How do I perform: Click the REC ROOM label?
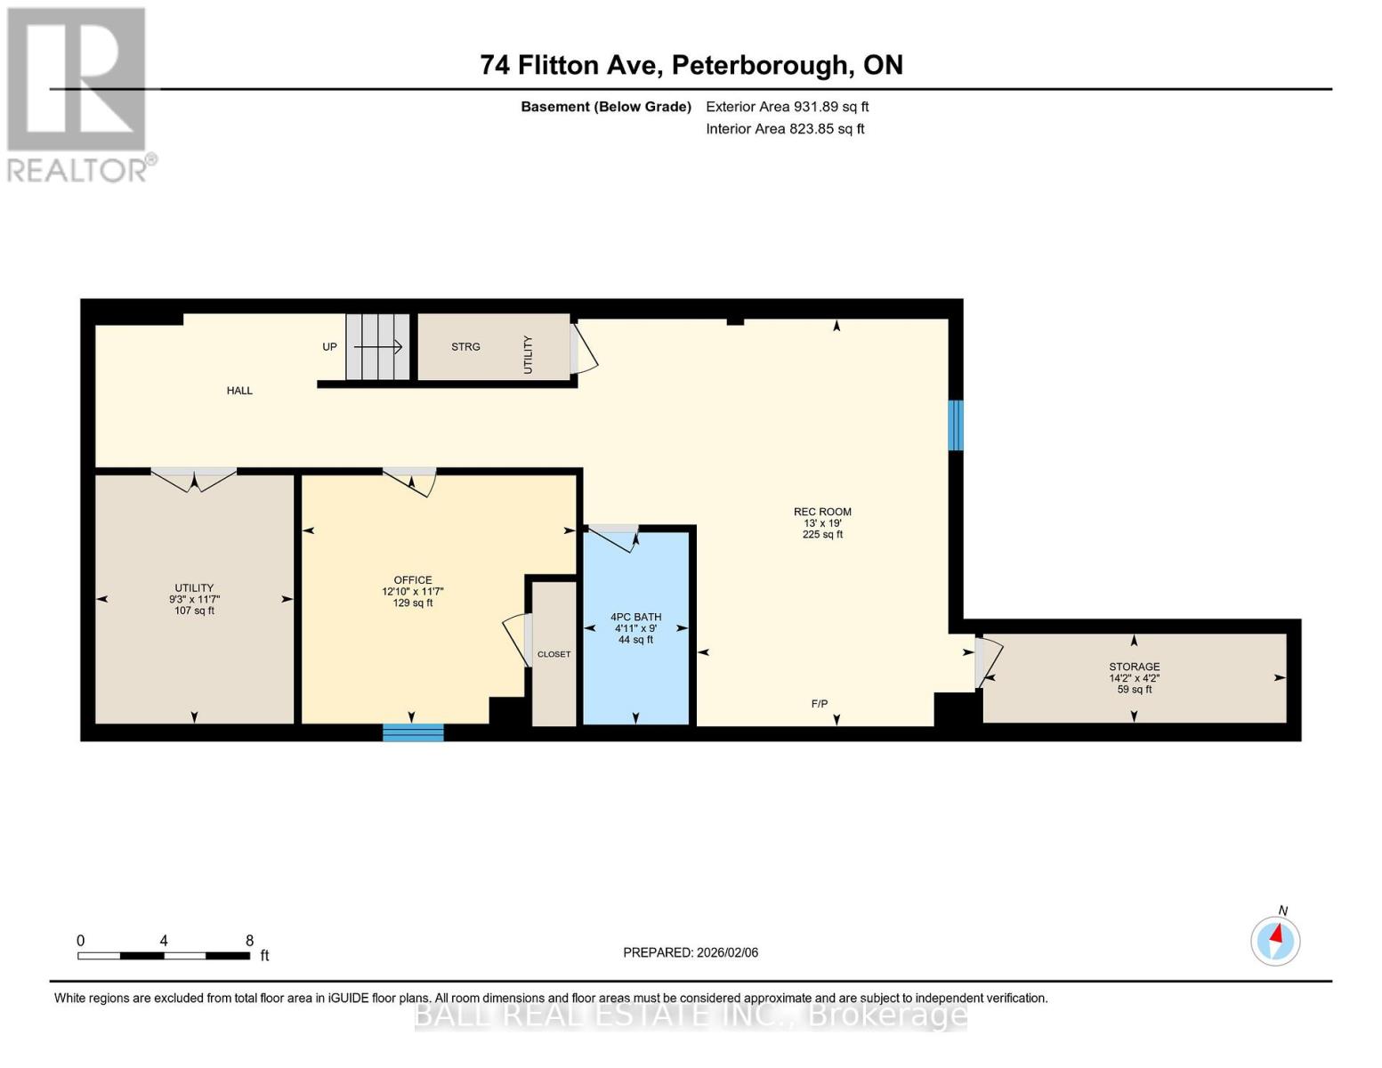(x=822, y=512)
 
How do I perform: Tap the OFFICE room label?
(x=413, y=580)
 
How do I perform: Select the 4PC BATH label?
(x=635, y=617)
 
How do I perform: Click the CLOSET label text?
(x=554, y=654)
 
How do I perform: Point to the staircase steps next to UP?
(x=377, y=346)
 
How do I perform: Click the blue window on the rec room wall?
(x=955, y=425)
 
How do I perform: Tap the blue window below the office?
(x=413, y=732)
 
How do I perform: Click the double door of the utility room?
(x=193, y=480)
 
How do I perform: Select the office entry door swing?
(x=412, y=481)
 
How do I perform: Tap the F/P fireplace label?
(x=820, y=704)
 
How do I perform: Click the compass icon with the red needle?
(x=1275, y=941)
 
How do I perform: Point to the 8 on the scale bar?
(x=249, y=941)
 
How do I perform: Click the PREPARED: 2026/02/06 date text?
(x=691, y=952)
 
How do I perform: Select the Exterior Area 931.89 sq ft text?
(x=787, y=107)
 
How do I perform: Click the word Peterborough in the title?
(x=758, y=65)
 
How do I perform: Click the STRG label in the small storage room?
(x=465, y=347)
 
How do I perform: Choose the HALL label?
(x=239, y=391)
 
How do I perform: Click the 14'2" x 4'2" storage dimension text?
(x=1134, y=678)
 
